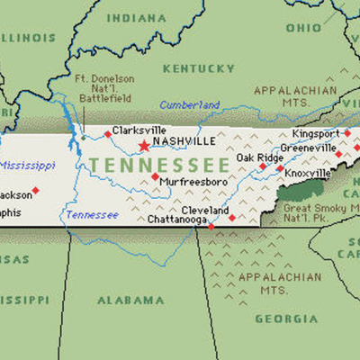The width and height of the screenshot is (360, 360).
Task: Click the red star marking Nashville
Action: pos(143,145)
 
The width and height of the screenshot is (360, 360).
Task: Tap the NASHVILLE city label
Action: pos(184,142)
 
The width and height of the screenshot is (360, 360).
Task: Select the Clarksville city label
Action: pos(139,130)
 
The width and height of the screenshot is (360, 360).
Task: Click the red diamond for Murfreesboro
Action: pos(155,177)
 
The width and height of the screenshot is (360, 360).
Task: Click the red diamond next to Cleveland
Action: pos(231,217)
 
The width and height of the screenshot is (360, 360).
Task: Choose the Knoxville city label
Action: pos(310,173)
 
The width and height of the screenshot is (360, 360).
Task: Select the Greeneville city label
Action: pos(309,148)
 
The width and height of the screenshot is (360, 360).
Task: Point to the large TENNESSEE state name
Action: pos(158,166)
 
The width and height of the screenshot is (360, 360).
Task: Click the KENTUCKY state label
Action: pos(198,68)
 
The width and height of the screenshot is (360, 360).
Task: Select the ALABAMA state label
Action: pos(125,300)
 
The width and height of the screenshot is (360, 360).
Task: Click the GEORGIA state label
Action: pos(286,319)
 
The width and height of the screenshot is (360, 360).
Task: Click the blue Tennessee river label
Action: pos(91,215)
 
